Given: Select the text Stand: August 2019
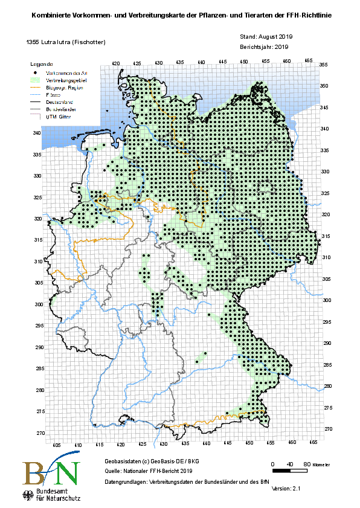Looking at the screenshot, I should (x=266, y=37).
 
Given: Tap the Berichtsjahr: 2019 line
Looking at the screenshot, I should (x=265, y=46).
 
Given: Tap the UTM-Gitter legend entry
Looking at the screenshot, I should (x=60, y=117).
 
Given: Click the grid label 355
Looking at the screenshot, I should (x=323, y=65).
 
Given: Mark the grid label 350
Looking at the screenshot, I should (x=323, y=86).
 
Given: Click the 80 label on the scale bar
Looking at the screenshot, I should (x=306, y=464).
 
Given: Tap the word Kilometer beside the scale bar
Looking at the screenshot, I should (x=321, y=465).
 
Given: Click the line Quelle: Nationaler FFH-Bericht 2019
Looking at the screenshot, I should (x=148, y=471).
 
